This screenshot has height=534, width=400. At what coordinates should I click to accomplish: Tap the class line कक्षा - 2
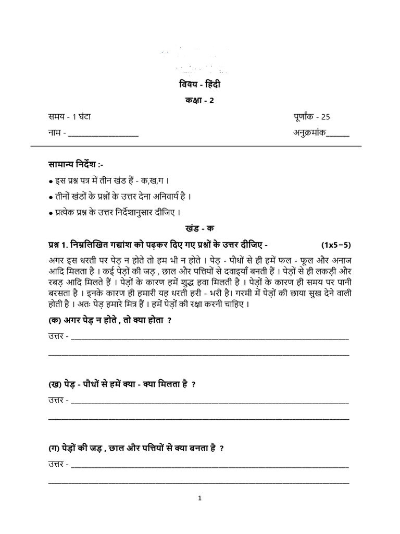pyautogui.click(x=199, y=101)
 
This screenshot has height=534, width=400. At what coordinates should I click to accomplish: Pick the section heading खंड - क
pyautogui.click(x=199, y=228)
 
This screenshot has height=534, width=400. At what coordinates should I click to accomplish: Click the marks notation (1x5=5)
pyautogui.click(x=336, y=245)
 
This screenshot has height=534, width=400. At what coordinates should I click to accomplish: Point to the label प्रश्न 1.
pyautogui.click(x=58, y=245)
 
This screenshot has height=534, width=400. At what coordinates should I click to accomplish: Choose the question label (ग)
pyautogui.click(x=54, y=448)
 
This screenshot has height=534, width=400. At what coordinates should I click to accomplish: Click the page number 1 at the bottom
pyautogui.click(x=199, y=499)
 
